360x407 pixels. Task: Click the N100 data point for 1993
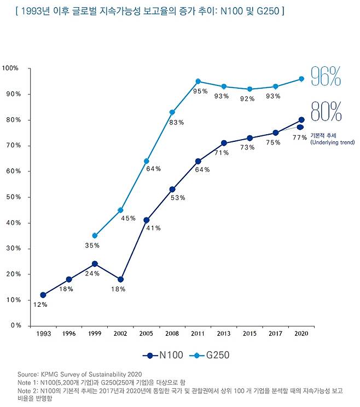(43, 295)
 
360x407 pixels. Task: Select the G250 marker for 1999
(95, 236)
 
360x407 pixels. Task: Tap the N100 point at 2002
(120, 279)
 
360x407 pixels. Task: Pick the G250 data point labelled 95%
(198, 81)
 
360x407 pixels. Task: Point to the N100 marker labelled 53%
(172, 190)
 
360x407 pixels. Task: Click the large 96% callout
(326, 77)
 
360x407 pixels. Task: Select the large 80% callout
(326, 112)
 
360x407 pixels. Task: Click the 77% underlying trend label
(299, 137)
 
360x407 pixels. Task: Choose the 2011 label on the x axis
(198, 333)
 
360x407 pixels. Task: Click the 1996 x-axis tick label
(68, 333)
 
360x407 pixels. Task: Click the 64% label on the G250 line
(153, 169)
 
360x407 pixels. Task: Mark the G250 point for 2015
(249, 89)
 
